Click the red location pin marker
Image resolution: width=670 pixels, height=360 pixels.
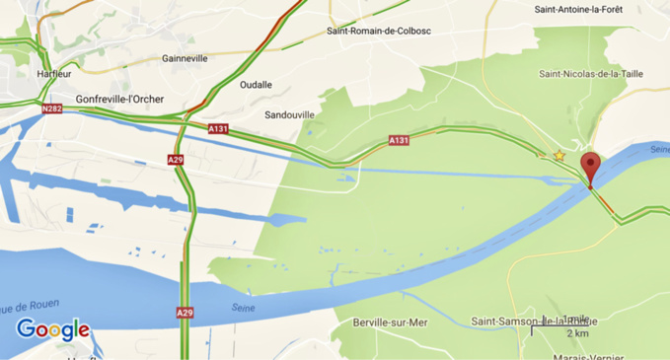point(590,167)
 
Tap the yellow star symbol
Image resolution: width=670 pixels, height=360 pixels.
point(559,156)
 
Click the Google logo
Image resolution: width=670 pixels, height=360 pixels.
point(53,330)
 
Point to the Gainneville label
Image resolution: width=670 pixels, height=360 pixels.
point(185,58)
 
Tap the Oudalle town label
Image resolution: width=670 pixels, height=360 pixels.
point(256,85)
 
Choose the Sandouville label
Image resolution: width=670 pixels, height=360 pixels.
point(290,114)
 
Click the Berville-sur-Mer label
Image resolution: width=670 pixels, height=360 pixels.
point(390,322)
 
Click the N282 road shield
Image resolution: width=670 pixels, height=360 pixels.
point(53,110)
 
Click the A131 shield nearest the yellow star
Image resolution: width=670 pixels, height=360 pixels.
point(399,141)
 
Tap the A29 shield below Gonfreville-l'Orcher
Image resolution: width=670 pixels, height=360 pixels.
point(176,159)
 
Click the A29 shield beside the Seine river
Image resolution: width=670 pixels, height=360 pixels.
point(185,313)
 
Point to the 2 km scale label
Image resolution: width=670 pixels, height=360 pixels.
point(577,334)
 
